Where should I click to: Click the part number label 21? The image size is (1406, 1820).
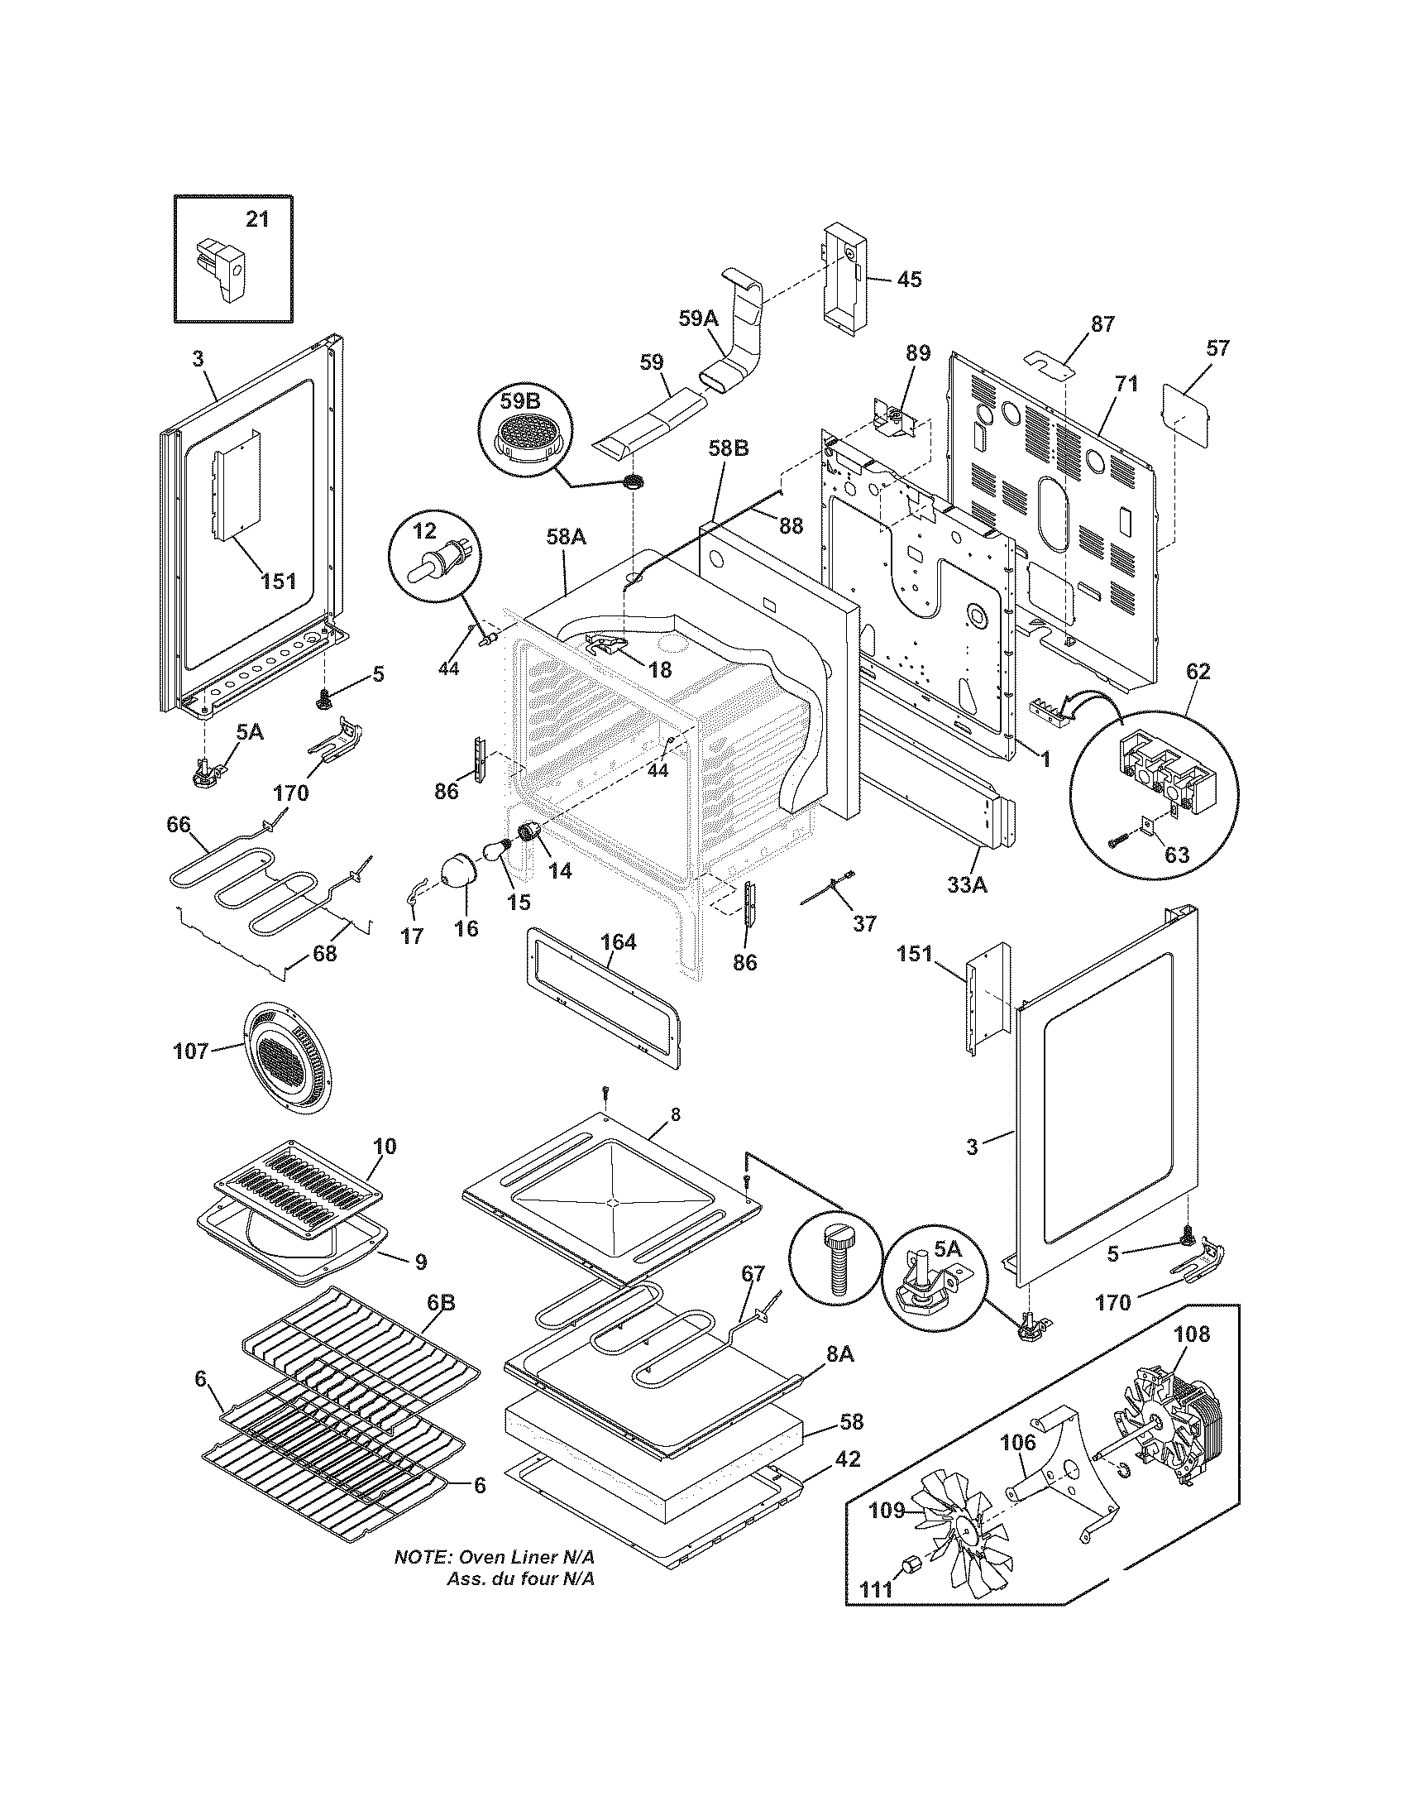coord(257,219)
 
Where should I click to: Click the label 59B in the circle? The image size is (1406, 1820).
coord(519,403)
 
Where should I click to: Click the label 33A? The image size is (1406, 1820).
coord(967,885)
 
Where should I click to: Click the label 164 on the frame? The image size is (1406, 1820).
coord(618,942)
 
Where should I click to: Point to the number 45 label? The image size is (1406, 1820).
coord(909,279)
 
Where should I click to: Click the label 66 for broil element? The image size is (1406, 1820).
coord(179,825)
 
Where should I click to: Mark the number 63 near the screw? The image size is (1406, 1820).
coord(1177,855)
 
